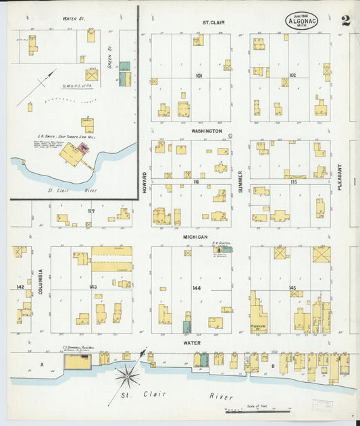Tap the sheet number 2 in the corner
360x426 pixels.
(346, 20)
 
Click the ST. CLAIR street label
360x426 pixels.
(213, 22)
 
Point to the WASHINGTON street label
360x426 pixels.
(206, 130)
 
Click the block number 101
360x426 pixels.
(199, 76)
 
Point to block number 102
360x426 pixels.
(292, 76)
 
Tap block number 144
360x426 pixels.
(197, 288)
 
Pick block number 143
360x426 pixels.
(93, 288)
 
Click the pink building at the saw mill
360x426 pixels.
(84, 147)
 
